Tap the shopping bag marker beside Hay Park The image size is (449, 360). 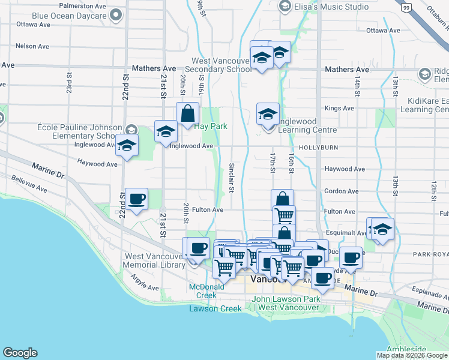point(187,113)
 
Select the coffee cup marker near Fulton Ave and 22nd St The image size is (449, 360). point(136,199)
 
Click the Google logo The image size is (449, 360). point(20,353)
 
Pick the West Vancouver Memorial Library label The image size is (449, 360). point(154,260)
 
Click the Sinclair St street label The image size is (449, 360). point(232,178)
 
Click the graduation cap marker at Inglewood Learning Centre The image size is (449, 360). point(268,113)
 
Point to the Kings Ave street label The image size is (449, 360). point(339,109)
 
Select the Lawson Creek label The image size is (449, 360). point(215,308)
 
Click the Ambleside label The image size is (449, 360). point(406,349)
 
